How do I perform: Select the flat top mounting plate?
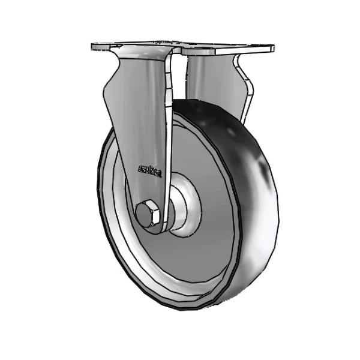point(183,45)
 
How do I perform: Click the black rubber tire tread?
point(252,198)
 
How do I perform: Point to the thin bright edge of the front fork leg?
point(170,138)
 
